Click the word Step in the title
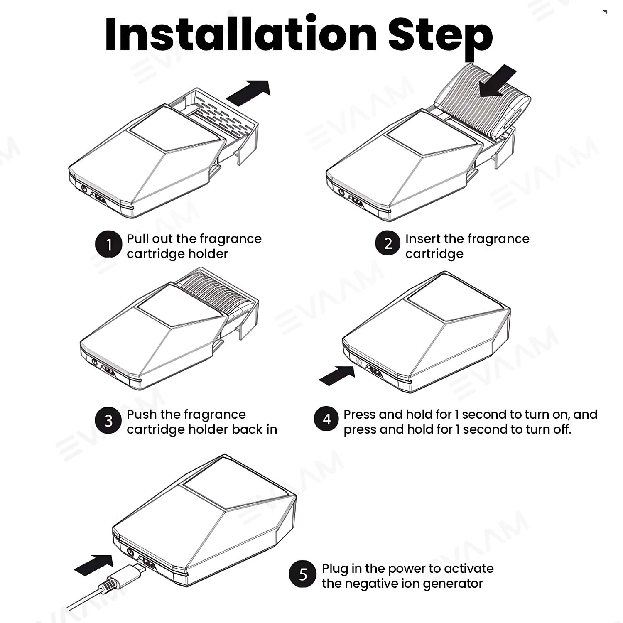pyautogui.click(x=441, y=37)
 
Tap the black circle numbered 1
pyautogui.click(x=108, y=245)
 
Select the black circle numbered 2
pyautogui.click(x=388, y=243)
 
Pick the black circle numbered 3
pyautogui.click(x=108, y=421)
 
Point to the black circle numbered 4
pyautogui.click(x=327, y=419)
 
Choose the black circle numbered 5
pyautogui.click(x=303, y=574)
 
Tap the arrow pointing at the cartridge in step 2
pyautogui.click(x=497, y=81)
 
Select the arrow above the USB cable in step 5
pyautogui.click(x=94, y=565)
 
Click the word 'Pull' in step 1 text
pyautogui.click(x=137, y=239)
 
